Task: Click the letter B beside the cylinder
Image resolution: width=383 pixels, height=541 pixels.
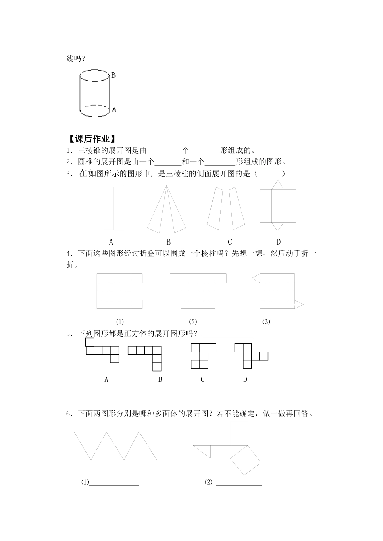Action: [x=114, y=75]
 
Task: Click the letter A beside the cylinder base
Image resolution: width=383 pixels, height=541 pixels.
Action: [x=114, y=109]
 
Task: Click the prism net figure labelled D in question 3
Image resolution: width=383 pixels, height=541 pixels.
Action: [x=277, y=206]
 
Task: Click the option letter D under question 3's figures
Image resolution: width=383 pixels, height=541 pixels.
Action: [x=278, y=242]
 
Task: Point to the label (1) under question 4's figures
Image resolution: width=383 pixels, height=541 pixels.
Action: [x=119, y=322]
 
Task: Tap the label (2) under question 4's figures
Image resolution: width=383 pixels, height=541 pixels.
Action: [x=193, y=322]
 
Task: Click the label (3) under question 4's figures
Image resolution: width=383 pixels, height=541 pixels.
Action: [x=266, y=322]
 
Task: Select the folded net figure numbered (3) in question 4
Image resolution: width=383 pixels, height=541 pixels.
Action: [x=277, y=291]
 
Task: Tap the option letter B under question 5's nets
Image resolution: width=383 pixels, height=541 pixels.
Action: [x=160, y=379]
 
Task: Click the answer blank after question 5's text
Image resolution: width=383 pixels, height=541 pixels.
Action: [x=228, y=334]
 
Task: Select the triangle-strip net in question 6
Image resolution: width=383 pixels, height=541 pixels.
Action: [x=116, y=446]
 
